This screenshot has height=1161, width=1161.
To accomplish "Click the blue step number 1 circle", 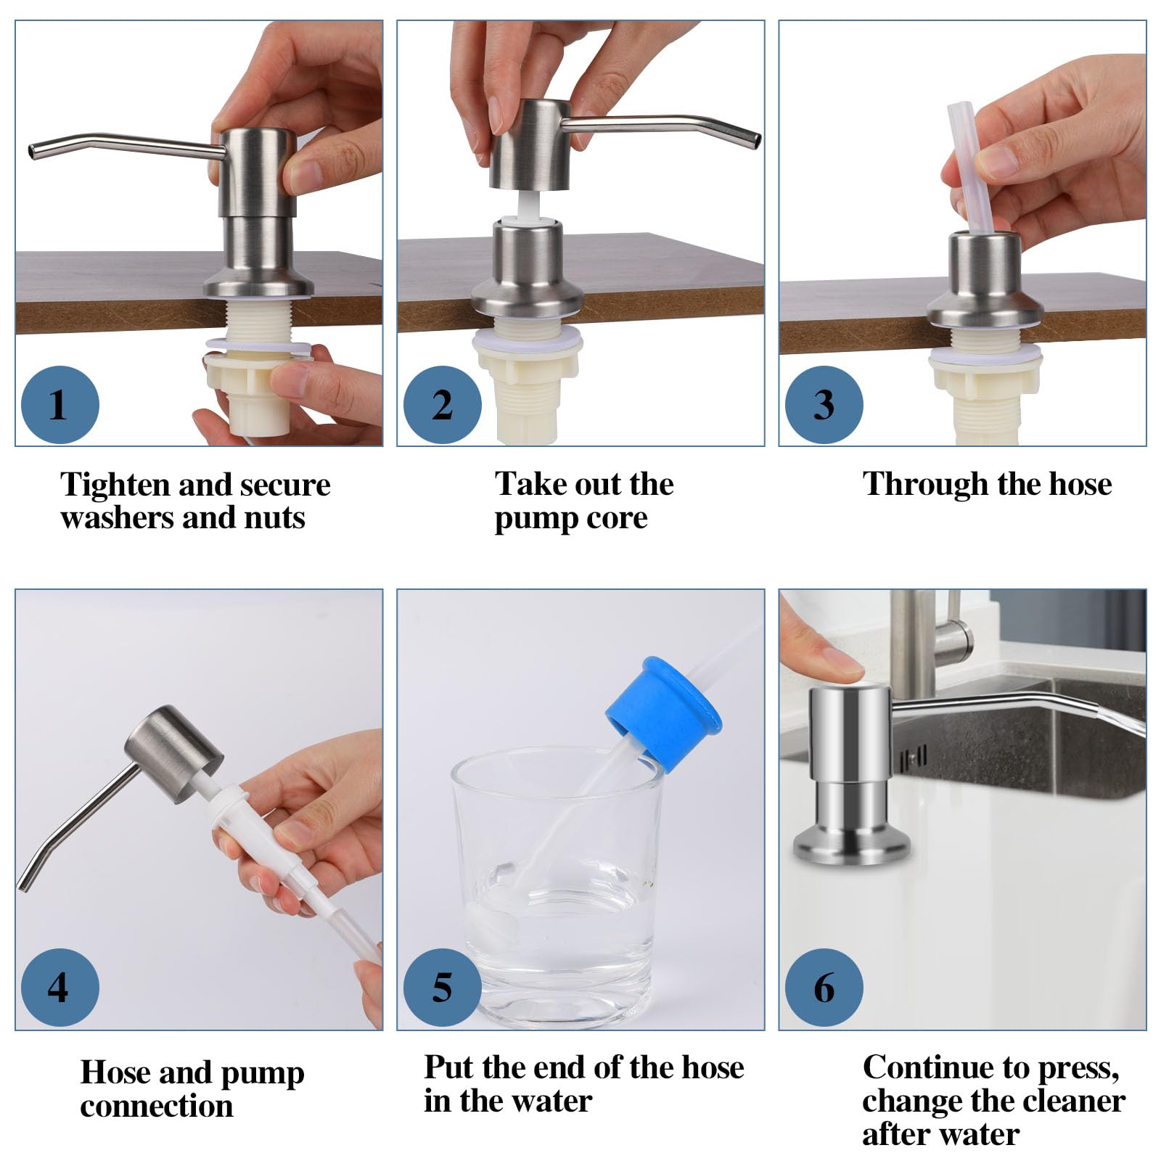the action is pyautogui.click(x=60, y=404).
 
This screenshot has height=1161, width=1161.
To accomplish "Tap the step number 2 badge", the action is pyautogui.click(x=442, y=404).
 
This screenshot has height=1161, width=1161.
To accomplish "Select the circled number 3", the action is pyautogui.click(x=824, y=404).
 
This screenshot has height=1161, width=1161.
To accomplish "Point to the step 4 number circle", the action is pyautogui.click(x=60, y=988).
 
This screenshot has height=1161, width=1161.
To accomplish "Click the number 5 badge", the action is pyautogui.click(x=442, y=988).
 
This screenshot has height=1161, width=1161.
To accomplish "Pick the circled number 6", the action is pyautogui.click(x=824, y=988).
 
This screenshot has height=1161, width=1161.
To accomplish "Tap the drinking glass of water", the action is pyautogui.click(x=557, y=886).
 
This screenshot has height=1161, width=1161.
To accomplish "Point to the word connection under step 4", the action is pyautogui.click(x=157, y=1106).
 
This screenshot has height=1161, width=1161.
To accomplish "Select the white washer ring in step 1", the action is pyautogui.click(x=259, y=345).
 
